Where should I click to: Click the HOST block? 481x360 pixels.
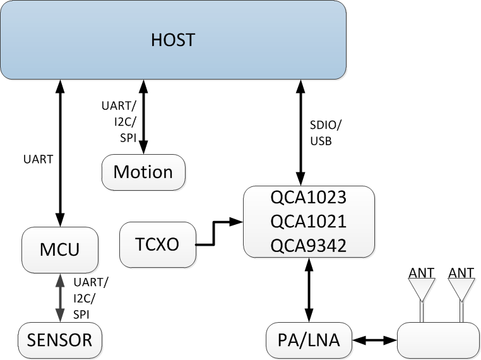[x=174, y=40]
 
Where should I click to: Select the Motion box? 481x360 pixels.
[x=143, y=172]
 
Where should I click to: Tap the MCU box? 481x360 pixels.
[x=61, y=249]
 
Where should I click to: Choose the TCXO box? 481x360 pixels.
[x=157, y=244]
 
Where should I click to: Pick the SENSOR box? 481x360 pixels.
[x=60, y=340]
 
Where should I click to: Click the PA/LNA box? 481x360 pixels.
[x=309, y=340]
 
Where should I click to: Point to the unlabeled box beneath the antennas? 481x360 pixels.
[x=437, y=340]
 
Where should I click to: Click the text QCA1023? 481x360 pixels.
[x=309, y=198]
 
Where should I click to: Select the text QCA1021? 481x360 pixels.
[x=309, y=222]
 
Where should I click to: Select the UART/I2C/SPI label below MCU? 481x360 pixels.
[x=91, y=296]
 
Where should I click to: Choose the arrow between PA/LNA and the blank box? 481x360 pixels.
[x=374, y=340]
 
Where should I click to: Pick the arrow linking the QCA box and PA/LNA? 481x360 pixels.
[x=309, y=291]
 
